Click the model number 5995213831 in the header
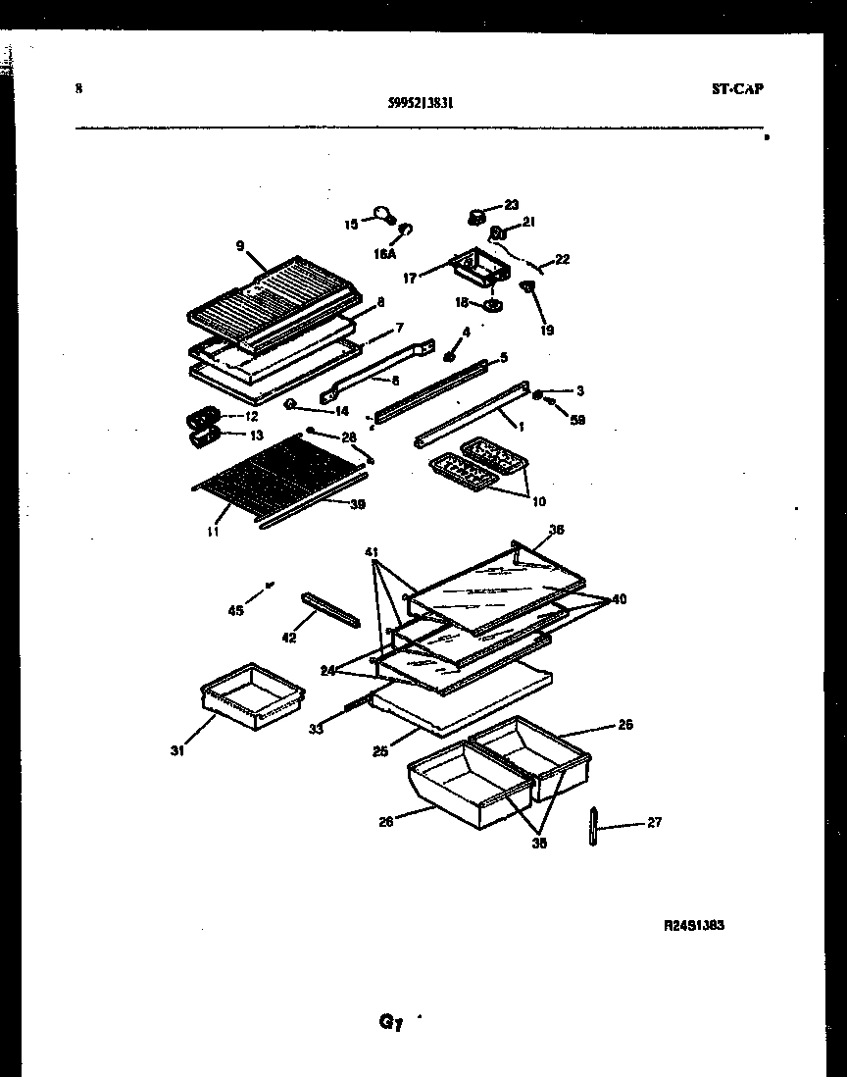point(421,100)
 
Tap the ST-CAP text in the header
point(736,88)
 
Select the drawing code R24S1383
point(693,924)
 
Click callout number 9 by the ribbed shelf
point(239,246)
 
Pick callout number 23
point(511,205)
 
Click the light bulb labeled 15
point(382,215)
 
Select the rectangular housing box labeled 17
point(471,266)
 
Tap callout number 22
point(562,260)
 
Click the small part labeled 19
point(527,289)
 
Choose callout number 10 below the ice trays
point(538,502)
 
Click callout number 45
point(235,610)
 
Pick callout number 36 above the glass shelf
point(556,530)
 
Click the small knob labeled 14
point(291,404)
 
